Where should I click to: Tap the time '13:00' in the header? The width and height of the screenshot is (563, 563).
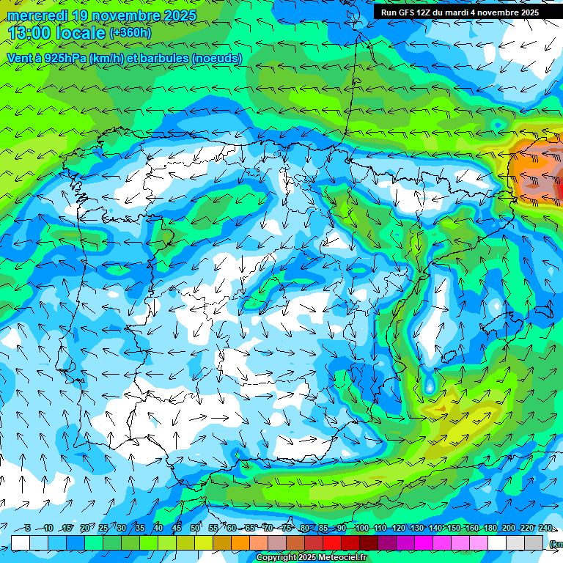pos(29,33)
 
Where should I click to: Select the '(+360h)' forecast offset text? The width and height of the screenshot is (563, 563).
pos(130,33)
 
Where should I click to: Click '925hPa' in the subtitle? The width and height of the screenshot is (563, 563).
pos(64,58)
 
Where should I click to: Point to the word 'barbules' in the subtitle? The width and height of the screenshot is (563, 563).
pos(160,58)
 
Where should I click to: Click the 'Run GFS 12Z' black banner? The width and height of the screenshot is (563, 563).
pos(460,12)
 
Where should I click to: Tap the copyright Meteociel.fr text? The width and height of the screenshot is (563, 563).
pos(312,558)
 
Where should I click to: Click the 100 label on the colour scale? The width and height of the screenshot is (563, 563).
pos(361,528)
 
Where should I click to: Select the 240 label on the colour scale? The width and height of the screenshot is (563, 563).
pos(545,528)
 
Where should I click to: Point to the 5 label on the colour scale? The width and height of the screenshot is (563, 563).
pos(27,528)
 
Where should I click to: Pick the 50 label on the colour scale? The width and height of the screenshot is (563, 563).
pos(195,528)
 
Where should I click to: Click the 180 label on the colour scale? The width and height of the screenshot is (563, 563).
pos(490,528)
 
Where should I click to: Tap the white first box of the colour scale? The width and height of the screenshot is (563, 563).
pos(21,542)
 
